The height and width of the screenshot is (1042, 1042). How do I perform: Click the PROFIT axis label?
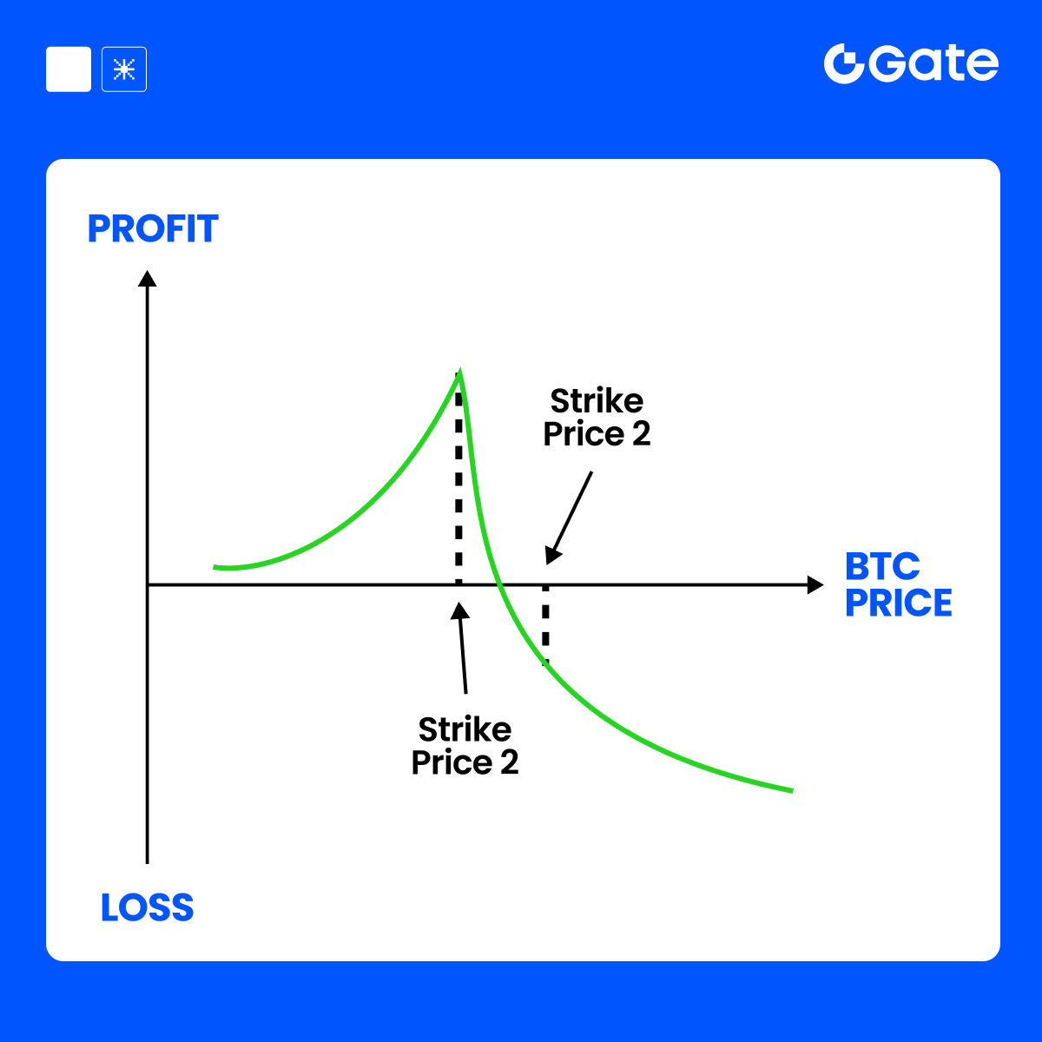point(153,228)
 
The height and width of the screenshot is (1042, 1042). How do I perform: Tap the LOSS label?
point(147,907)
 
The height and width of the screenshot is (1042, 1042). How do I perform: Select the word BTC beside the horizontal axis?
point(882,566)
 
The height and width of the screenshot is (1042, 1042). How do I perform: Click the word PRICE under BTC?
point(898,603)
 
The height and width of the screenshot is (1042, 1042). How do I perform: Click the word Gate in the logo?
point(936,63)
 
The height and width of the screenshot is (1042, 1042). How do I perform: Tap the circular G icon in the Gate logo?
point(843,63)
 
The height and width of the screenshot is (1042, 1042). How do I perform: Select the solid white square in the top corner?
point(69,69)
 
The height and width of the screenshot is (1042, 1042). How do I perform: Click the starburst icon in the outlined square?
point(124,69)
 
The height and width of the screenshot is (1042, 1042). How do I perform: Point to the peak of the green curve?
point(459,371)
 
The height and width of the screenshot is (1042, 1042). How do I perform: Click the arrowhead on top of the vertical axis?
point(147,278)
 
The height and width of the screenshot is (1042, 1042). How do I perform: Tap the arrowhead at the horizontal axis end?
point(815,584)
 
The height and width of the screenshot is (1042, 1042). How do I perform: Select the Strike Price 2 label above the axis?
point(597,417)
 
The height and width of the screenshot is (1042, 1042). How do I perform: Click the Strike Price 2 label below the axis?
point(465,746)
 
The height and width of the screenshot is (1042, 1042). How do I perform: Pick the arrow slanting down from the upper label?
point(569,518)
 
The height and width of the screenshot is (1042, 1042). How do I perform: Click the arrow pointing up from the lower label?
point(462,648)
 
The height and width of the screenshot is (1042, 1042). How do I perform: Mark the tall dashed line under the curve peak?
point(458,486)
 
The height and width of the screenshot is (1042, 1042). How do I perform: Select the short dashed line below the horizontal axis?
point(545,624)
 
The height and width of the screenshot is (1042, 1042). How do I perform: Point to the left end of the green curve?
point(214,567)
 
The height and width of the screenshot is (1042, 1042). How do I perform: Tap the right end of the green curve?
point(792,790)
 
